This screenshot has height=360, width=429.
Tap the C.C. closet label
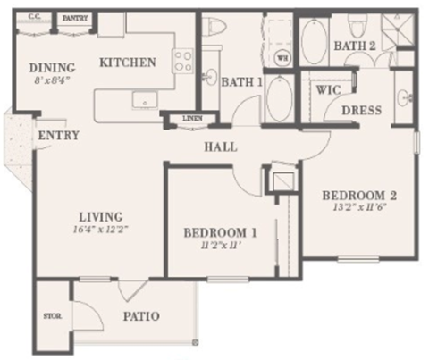[x=35, y=16]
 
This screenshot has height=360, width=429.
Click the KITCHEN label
[x=128, y=63]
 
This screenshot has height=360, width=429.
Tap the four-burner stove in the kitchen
[x=183, y=60]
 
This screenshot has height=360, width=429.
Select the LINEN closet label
[x=190, y=119]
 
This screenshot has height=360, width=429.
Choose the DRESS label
[x=362, y=110]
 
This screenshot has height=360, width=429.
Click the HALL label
[x=220, y=147]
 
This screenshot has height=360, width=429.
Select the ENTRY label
[x=58, y=135]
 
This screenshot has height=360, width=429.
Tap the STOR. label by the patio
[x=51, y=315]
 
